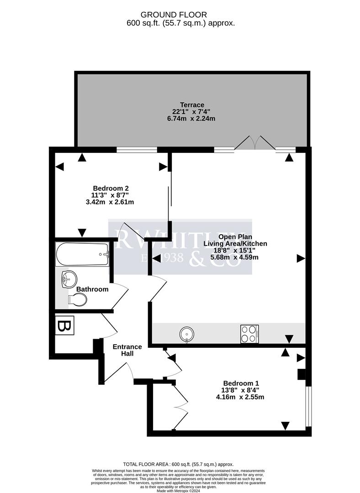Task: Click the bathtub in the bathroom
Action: tap(82, 254)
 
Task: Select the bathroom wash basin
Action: tap(69, 278)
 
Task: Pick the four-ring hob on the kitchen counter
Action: tap(249, 334)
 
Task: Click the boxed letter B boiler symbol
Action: tap(64, 327)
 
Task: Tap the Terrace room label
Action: tap(191, 105)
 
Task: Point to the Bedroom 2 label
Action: tap(111, 188)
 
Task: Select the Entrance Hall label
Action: tap(127, 350)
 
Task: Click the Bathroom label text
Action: tap(92, 289)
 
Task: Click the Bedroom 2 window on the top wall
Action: tap(137, 149)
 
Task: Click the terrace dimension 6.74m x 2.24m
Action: tap(191, 118)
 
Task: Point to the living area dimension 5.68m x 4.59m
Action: tap(234, 257)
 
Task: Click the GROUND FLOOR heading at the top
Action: tap(180, 15)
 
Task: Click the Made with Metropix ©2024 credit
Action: tap(180, 490)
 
